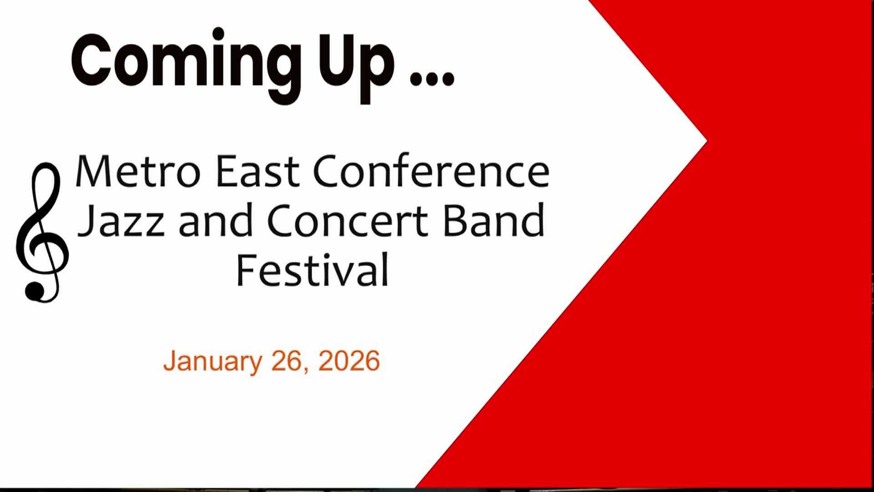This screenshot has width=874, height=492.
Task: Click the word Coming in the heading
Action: point(184,61)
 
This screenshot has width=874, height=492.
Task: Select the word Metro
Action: point(137,171)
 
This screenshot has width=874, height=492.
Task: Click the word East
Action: point(257,171)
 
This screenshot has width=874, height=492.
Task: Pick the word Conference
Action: point(431,171)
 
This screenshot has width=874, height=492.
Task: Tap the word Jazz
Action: point(122,221)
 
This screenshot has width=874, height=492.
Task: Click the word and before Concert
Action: point(216,221)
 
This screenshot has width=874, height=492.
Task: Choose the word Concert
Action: point(347,221)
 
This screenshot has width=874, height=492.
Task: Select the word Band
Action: point(493,221)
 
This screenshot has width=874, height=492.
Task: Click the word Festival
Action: point(312,270)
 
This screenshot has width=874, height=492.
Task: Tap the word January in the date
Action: point(212,361)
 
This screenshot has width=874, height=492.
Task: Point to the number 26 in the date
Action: point(286,361)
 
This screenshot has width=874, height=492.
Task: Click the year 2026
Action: point(349,361)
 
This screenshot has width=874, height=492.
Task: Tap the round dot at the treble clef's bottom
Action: point(35,291)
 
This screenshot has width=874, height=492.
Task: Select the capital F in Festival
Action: point(244,270)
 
